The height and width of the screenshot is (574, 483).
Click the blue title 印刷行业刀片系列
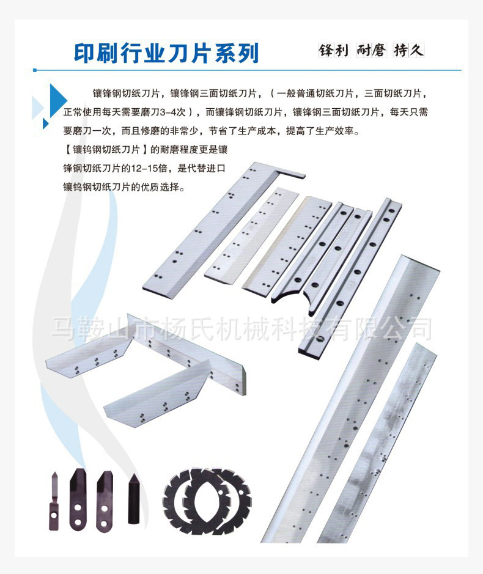(x=167, y=53)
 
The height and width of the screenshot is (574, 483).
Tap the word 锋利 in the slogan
(x=334, y=50)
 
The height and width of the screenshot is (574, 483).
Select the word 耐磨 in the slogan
(x=371, y=50)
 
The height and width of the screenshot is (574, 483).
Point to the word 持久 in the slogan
(x=409, y=50)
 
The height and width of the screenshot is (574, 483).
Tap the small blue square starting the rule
(x=35, y=70)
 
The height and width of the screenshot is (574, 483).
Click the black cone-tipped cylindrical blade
(x=134, y=499)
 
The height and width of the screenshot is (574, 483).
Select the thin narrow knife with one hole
(x=54, y=501)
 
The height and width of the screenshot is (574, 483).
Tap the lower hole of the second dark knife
(x=78, y=521)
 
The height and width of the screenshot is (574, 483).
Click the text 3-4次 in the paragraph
(x=174, y=112)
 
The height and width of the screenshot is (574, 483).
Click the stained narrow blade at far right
(x=377, y=443)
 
